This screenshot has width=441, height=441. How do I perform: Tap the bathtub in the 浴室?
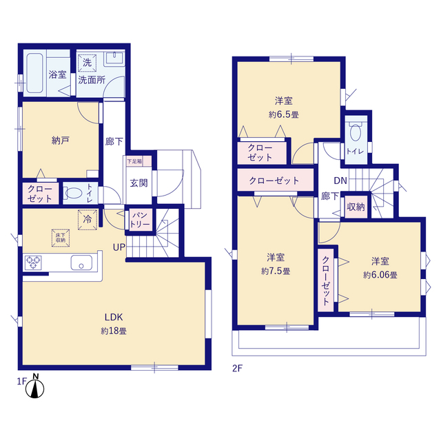(x=34, y=73)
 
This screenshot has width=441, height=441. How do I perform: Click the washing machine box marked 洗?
(x=88, y=63)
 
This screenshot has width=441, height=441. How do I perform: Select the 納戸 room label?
(x=61, y=141)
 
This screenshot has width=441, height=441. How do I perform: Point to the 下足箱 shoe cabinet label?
(x=134, y=161)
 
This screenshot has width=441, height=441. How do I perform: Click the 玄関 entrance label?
(x=139, y=183)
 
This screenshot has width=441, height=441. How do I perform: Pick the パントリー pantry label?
(x=140, y=220)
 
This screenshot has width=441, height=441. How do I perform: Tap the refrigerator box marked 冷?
(x=88, y=220)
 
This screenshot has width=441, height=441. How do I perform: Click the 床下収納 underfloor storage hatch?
(x=61, y=238)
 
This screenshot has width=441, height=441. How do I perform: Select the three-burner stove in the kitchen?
(x=34, y=263)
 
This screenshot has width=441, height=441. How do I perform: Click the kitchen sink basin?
(x=81, y=263)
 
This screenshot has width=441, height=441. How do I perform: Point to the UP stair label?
(x=119, y=247)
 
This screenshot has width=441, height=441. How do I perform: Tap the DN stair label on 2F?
(x=340, y=181)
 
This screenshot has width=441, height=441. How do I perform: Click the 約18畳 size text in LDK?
(x=114, y=331)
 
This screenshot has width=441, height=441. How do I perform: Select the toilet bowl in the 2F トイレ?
(x=356, y=132)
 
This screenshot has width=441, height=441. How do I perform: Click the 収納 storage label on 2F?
(x=356, y=207)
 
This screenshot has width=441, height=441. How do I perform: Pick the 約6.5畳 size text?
(x=283, y=115)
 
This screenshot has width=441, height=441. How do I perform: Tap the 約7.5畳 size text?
(x=276, y=271)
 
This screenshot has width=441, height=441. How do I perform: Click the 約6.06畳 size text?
(x=380, y=275)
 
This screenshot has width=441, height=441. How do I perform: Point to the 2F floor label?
(x=237, y=369)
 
